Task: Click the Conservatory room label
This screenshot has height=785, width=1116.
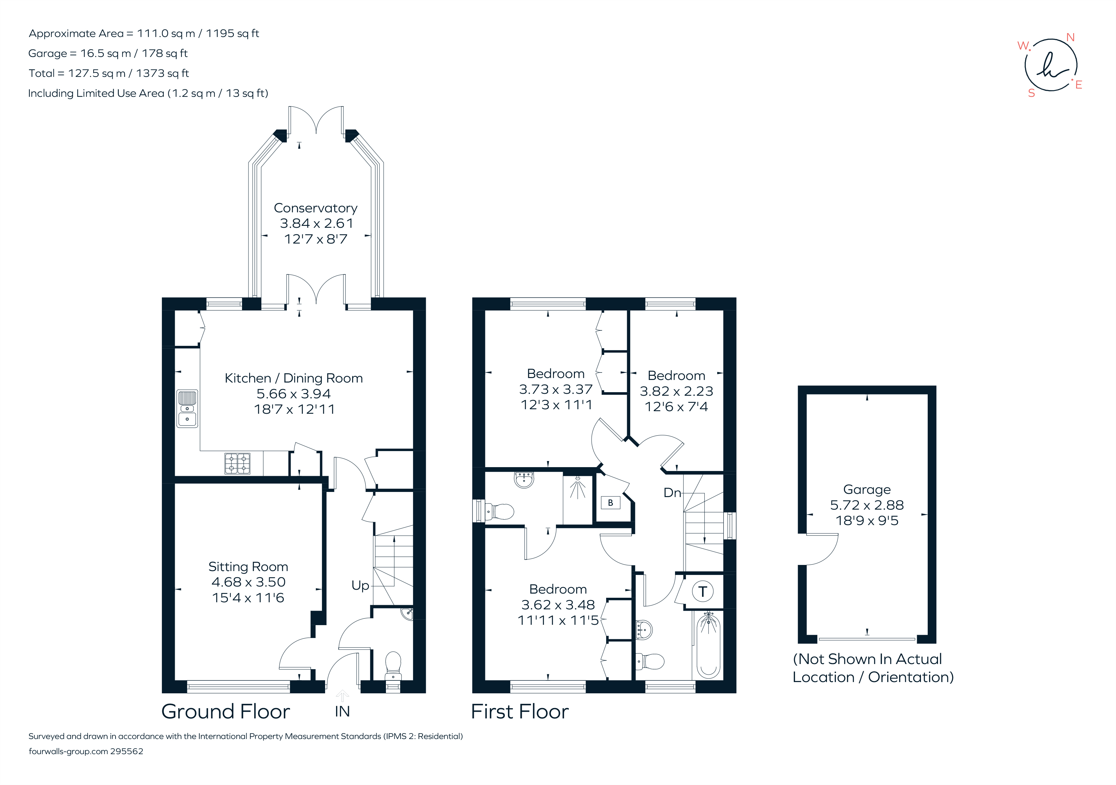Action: [315, 208]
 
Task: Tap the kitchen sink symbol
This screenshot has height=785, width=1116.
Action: [187, 409]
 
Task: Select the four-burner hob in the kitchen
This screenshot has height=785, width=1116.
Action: [237, 463]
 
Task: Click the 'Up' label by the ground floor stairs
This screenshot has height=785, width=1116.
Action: [360, 585]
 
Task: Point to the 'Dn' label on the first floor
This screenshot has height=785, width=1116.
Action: [672, 493]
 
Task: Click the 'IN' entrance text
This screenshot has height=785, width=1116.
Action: [342, 711]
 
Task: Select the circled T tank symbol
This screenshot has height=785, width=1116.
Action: [702, 592]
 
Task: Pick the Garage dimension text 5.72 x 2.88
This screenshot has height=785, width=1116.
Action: [867, 505]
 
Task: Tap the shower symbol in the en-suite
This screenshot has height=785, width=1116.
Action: [578, 488]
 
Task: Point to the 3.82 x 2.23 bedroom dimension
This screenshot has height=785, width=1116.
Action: [676, 391]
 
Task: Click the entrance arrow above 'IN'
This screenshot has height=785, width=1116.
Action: [342, 695]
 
